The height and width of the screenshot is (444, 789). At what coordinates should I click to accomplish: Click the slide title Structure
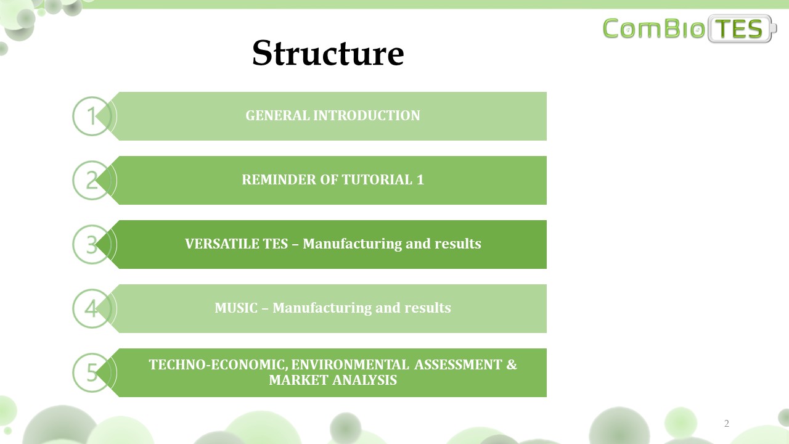(328, 53)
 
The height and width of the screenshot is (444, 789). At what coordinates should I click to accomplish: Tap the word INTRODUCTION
(367, 115)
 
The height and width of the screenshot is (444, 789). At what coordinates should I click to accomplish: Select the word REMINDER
(279, 179)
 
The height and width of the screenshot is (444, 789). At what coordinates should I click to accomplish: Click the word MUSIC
(236, 308)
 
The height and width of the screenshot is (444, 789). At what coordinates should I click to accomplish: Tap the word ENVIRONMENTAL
(350, 364)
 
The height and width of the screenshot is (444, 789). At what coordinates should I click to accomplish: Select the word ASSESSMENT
(458, 364)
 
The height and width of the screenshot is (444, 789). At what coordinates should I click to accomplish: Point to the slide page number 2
(726, 423)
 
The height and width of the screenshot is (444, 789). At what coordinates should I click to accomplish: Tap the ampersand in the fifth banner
(512, 364)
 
